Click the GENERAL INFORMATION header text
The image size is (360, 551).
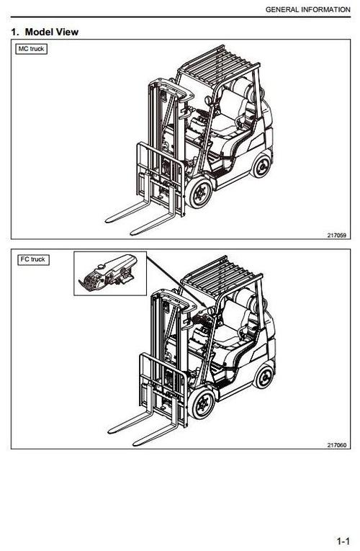pyautogui.click(x=308, y=9)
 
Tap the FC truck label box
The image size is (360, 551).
pyautogui.click(x=32, y=259)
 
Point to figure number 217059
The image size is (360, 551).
pyautogui.click(x=336, y=235)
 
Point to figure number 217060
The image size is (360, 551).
pyautogui.click(x=336, y=444)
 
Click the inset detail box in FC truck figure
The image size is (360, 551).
pyautogui.click(x=109, y=273)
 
